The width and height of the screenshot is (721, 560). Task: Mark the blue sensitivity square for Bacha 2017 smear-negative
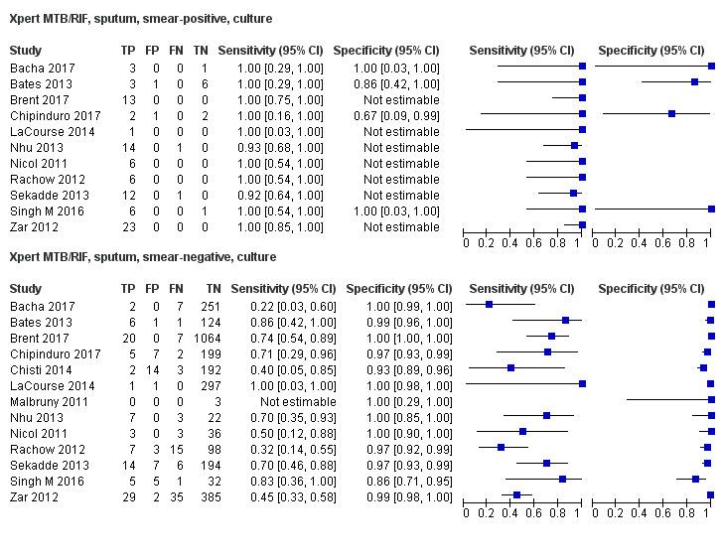[x=490, y=306]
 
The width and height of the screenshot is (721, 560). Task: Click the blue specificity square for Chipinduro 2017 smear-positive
[x=672, y=114]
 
